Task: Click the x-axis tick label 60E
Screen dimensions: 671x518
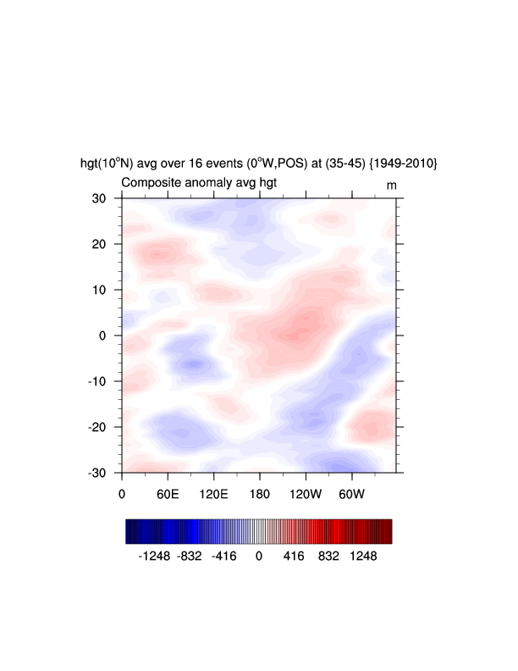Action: (x=168, y=493)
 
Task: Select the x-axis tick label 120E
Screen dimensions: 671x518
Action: (x=213, y=493)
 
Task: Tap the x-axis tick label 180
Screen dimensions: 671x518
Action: (x=259, y=493)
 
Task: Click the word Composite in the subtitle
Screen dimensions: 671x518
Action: (x=150, y=183)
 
